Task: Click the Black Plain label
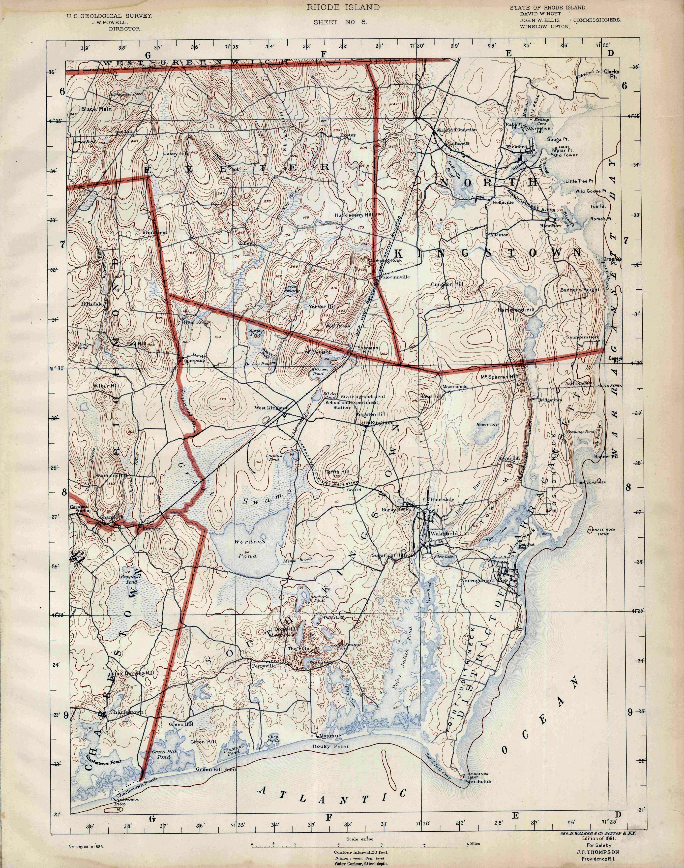(x=96, y=109)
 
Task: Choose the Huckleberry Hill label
(x=354, y=215)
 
